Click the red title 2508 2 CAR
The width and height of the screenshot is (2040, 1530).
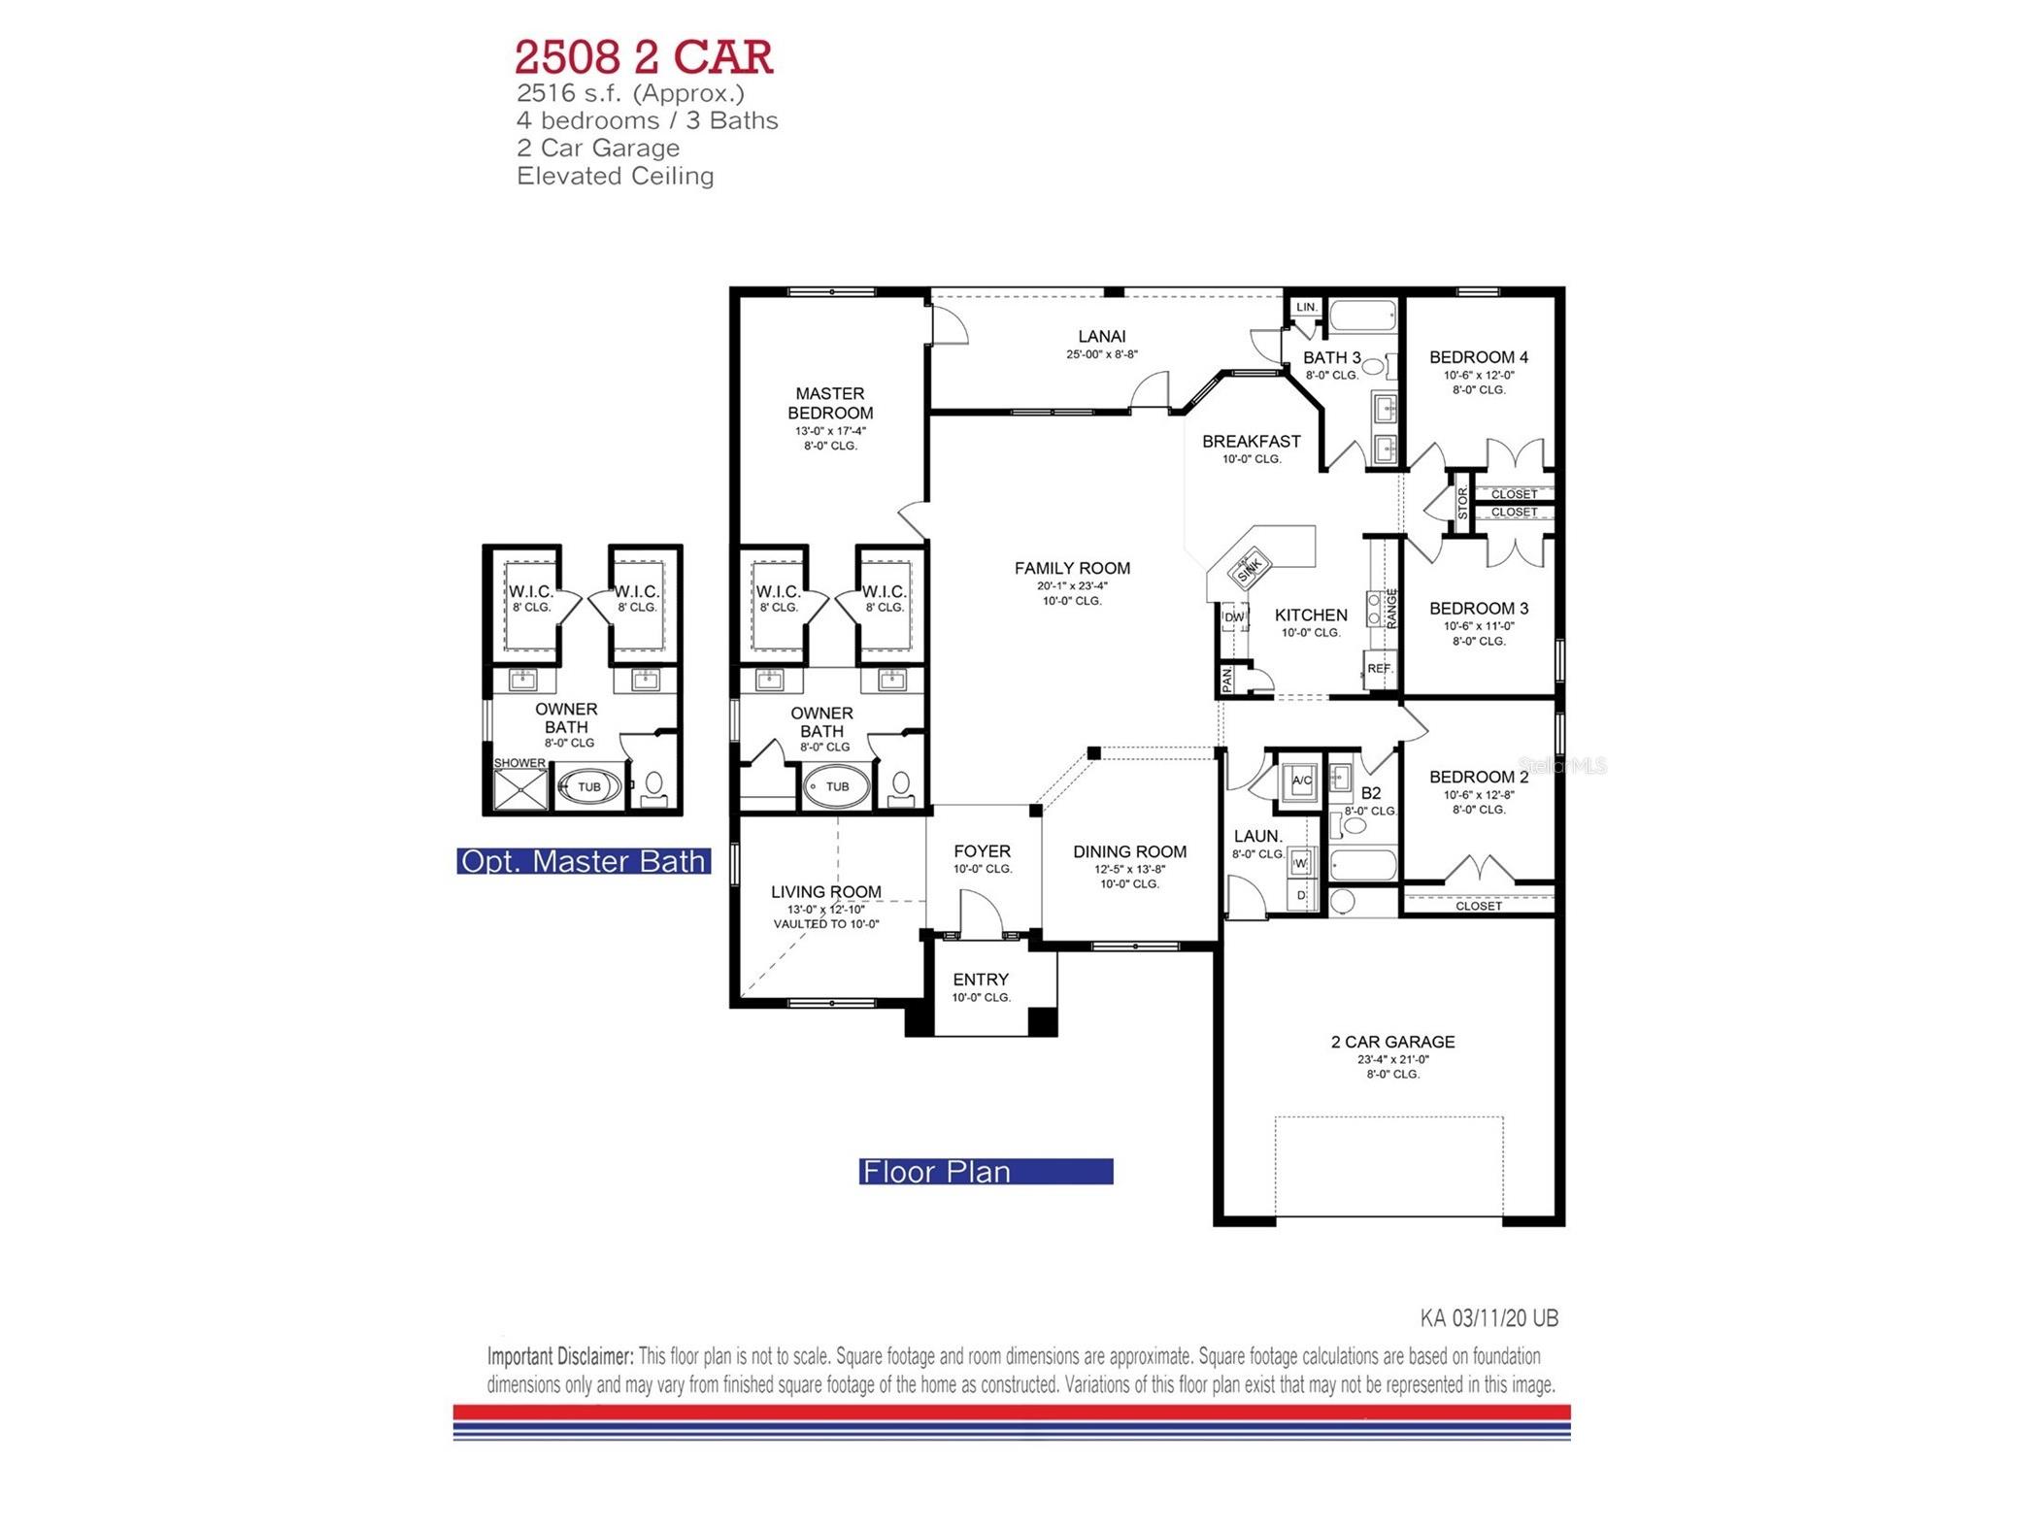[x=643, y=57]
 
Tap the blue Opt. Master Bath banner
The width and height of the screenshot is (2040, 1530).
[x=583, y=861]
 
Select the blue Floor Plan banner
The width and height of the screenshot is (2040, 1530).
[x=985, y=1172]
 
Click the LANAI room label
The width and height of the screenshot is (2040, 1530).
[x=1101, y=337]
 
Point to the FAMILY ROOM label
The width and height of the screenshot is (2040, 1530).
[x=1072, y=569]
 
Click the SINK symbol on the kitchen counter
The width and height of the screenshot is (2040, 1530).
[x=1249, y=570]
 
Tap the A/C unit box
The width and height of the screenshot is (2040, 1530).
[x=1301, y=781]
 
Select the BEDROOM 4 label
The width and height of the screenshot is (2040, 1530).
[x=1478, y=357]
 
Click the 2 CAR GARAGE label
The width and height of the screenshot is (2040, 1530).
[x=1392, y=1042]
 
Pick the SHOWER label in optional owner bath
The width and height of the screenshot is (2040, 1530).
[x=519, y=763]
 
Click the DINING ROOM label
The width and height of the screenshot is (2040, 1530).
[x=1129, y=852]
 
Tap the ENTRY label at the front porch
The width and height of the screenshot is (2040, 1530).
[x=980, y=980]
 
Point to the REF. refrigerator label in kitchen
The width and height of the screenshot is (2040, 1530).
[x=1379, y=669]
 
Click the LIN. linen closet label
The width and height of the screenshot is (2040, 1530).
[x=1307, y=307]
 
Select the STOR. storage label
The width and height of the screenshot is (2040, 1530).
[x=1462, y=503]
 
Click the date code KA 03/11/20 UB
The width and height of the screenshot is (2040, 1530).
[x=1488, y=1318]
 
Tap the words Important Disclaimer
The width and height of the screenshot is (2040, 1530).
[x=560, y=1356]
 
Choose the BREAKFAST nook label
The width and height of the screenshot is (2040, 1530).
[x=1251, y=442]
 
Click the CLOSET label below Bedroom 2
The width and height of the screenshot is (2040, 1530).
[x=1478, y=906]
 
